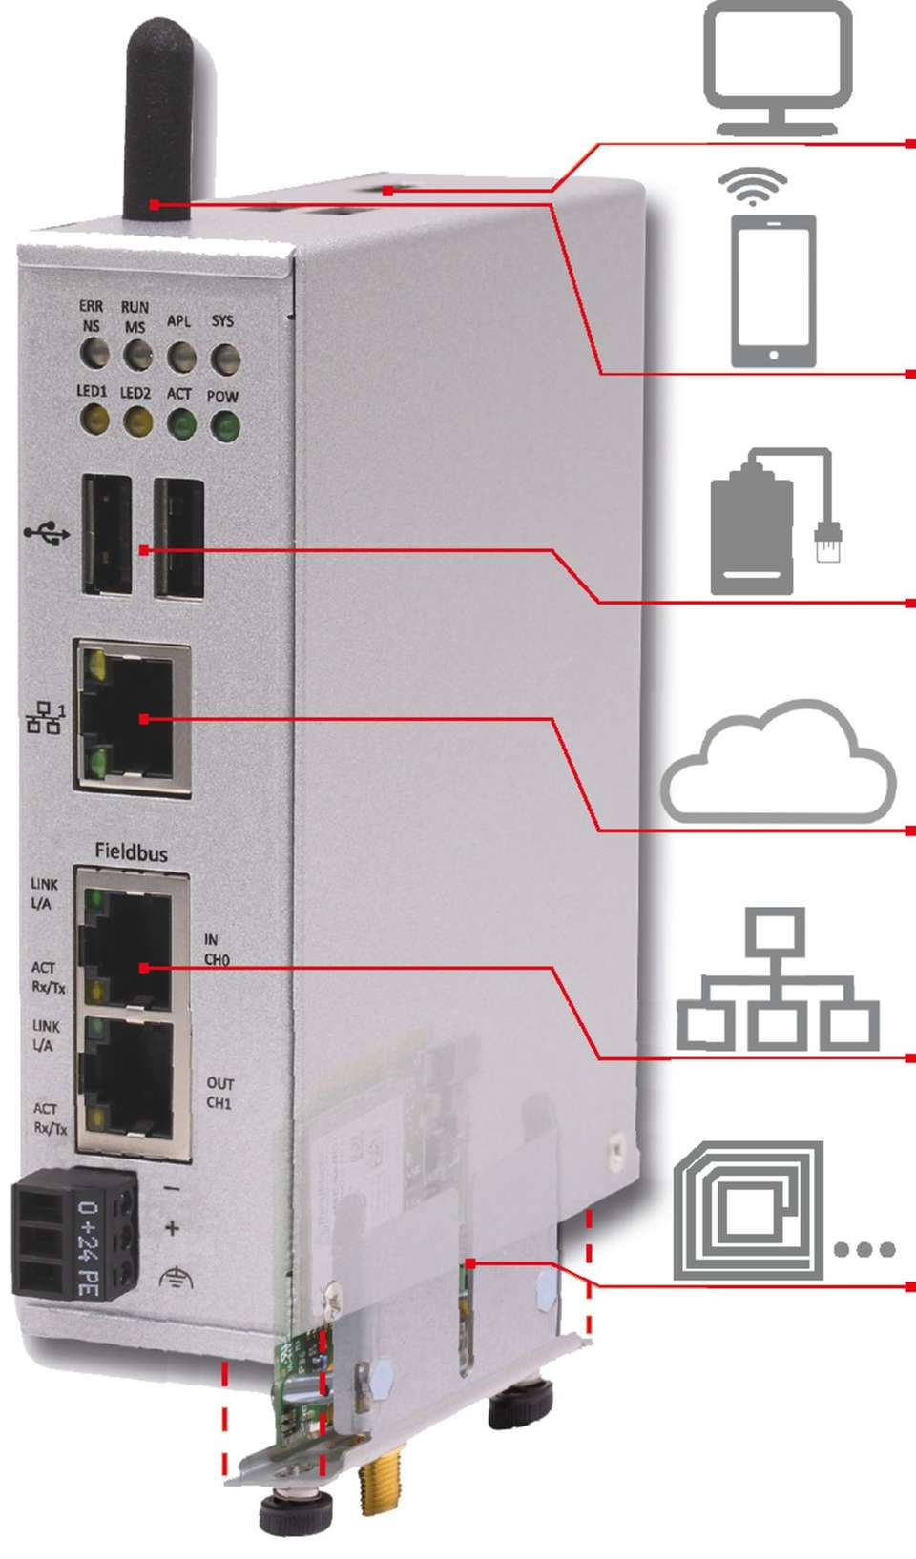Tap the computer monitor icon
[x=778, y=67]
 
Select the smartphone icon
[x=773, y=291]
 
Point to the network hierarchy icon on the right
[x=778, y=982]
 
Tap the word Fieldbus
[x=131, y=851]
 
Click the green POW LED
[x=225, y=426]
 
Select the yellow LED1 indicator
[x=94, y=420]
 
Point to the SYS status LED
[x=225, y=359]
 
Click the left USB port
[x=106, y=534]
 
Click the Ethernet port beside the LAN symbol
[x=132, y=717]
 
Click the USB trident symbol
[x=47, y=532]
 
